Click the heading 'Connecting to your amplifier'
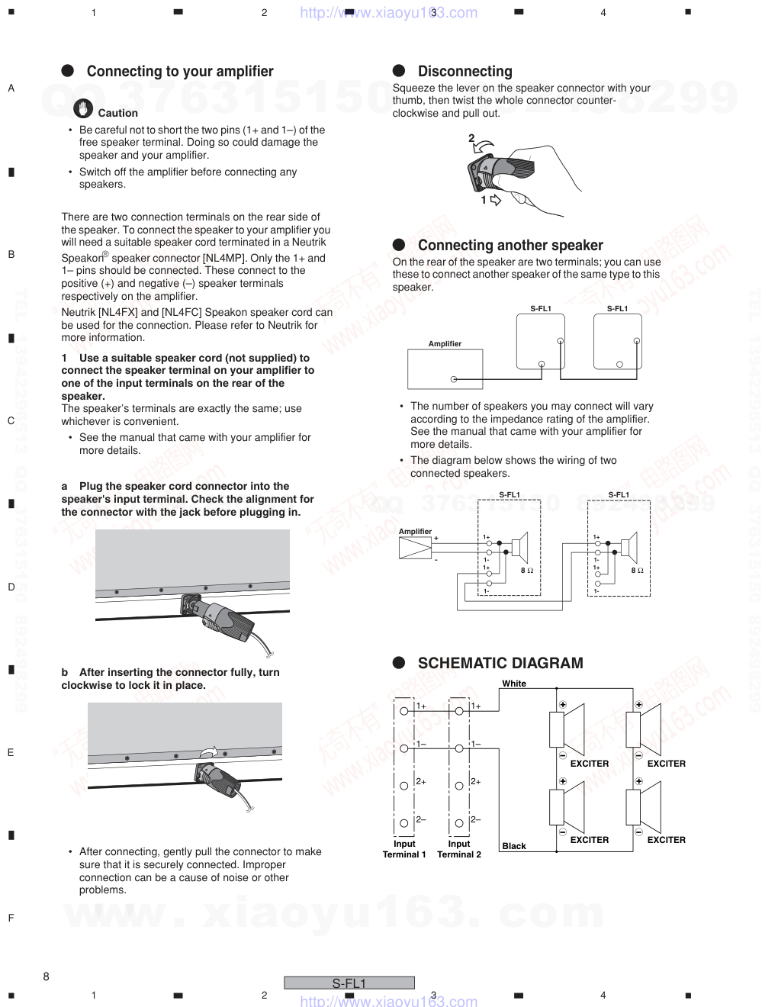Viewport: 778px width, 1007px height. pos(179,72)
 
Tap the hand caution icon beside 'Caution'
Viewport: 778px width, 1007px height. pos(83,109)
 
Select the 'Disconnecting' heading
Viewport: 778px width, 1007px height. pos(465,72)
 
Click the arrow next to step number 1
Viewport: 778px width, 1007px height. pos(496,201)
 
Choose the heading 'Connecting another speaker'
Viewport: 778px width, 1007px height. pos(510,246)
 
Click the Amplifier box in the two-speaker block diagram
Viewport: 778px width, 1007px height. pos(445,369)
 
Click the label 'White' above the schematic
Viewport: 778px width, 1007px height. pos(514,684)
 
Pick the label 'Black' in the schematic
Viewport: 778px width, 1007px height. pos(514,846)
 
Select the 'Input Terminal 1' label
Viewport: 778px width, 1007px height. pos(404,849)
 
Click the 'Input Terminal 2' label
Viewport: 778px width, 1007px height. pos(459,849)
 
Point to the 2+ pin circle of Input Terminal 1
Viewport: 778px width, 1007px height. pos(404,786)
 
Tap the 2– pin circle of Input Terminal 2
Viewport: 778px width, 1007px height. pos(459,823)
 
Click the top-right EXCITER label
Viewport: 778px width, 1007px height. pos(666,764)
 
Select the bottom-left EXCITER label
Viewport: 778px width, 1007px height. pos(590,840)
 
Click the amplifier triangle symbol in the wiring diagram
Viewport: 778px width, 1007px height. pos(415,549)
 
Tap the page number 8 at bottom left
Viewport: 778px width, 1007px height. pos(47,976)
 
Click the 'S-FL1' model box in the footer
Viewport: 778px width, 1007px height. pos(349,983)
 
